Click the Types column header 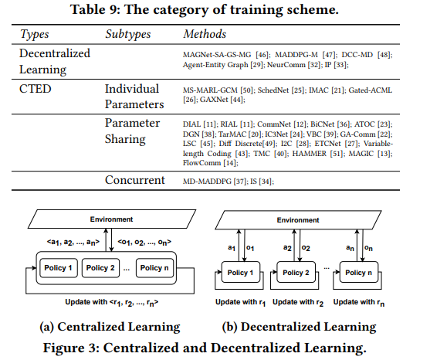[35, 34]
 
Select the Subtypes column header [127, 34]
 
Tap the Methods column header [205, 34]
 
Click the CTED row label [35, 89]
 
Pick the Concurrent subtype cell [135, 180]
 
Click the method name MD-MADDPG [207, 181]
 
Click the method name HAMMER [310, 154]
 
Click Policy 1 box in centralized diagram [59, 268]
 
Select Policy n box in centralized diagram [154, 268]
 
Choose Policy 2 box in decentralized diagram [296, 272]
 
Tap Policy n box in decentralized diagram [359, 272]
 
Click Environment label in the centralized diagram [111, 219]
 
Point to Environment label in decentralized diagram [298, 220]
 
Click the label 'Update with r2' [298, 302]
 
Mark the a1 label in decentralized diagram [232, 248]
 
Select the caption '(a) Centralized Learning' [110, 327]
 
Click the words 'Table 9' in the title [93, 9]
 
